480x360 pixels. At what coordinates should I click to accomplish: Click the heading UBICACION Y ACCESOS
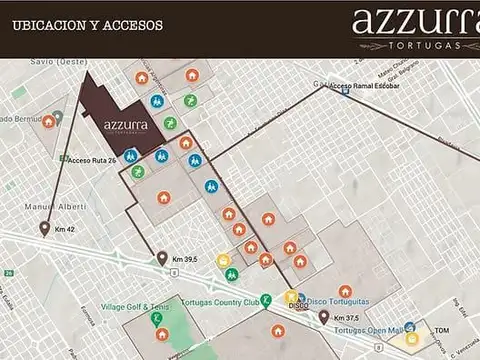tap(87, 25)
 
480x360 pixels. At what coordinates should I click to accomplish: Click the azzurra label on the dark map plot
tap(126, 125)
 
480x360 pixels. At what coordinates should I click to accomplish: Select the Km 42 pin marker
tap(44, 228)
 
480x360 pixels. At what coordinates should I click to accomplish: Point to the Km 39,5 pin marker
tap(162, 258)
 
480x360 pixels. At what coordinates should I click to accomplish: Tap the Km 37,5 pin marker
tap(324, 317)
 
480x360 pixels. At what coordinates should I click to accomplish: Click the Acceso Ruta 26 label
tap(92, 160)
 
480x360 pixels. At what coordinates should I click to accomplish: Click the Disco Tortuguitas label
tap(337, 300)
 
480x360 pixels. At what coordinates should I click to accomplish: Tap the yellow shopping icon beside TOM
tap(411, 339)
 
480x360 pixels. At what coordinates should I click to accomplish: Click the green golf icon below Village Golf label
tap(157, 319)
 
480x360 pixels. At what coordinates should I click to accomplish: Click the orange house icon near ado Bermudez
tap(48, 121)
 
